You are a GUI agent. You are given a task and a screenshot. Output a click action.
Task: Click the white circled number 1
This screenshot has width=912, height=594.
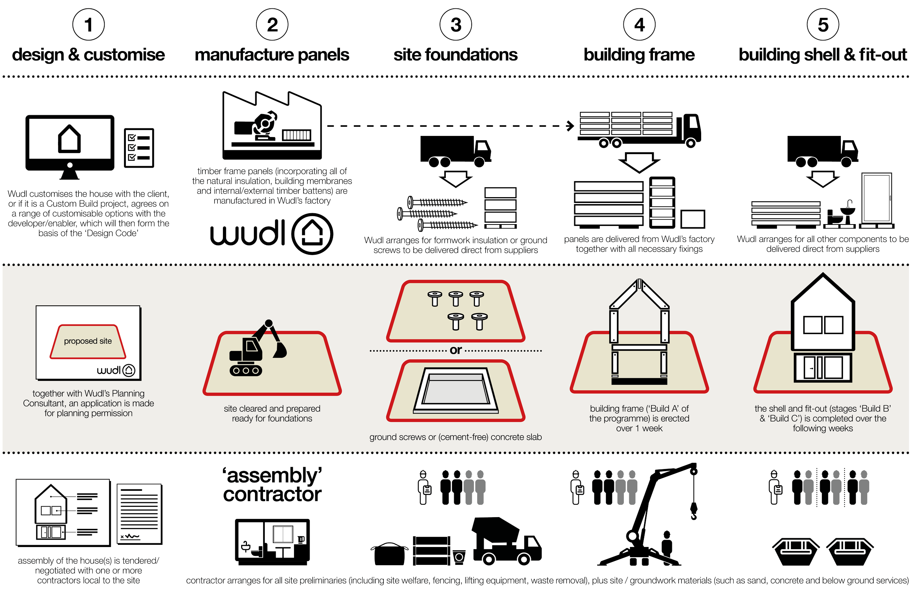89,25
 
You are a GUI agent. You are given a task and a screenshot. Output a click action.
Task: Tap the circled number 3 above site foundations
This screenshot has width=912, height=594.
456,25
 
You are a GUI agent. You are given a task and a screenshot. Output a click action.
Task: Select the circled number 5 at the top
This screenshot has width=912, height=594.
823,25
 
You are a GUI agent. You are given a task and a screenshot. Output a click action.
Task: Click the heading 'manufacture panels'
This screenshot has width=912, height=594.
272,55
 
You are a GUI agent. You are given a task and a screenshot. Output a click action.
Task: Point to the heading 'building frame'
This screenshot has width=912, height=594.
639,55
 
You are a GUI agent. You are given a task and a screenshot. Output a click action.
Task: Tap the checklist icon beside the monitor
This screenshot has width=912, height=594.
139,148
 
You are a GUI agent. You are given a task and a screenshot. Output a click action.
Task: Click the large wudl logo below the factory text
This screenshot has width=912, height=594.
271,234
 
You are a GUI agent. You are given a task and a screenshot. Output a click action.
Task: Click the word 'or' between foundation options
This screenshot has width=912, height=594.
456,350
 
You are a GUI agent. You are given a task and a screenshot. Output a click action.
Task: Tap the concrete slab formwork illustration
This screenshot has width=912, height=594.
456,390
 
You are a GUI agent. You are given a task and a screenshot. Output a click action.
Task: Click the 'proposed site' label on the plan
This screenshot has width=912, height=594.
88,341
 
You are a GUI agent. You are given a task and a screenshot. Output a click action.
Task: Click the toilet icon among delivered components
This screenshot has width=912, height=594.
839,214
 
